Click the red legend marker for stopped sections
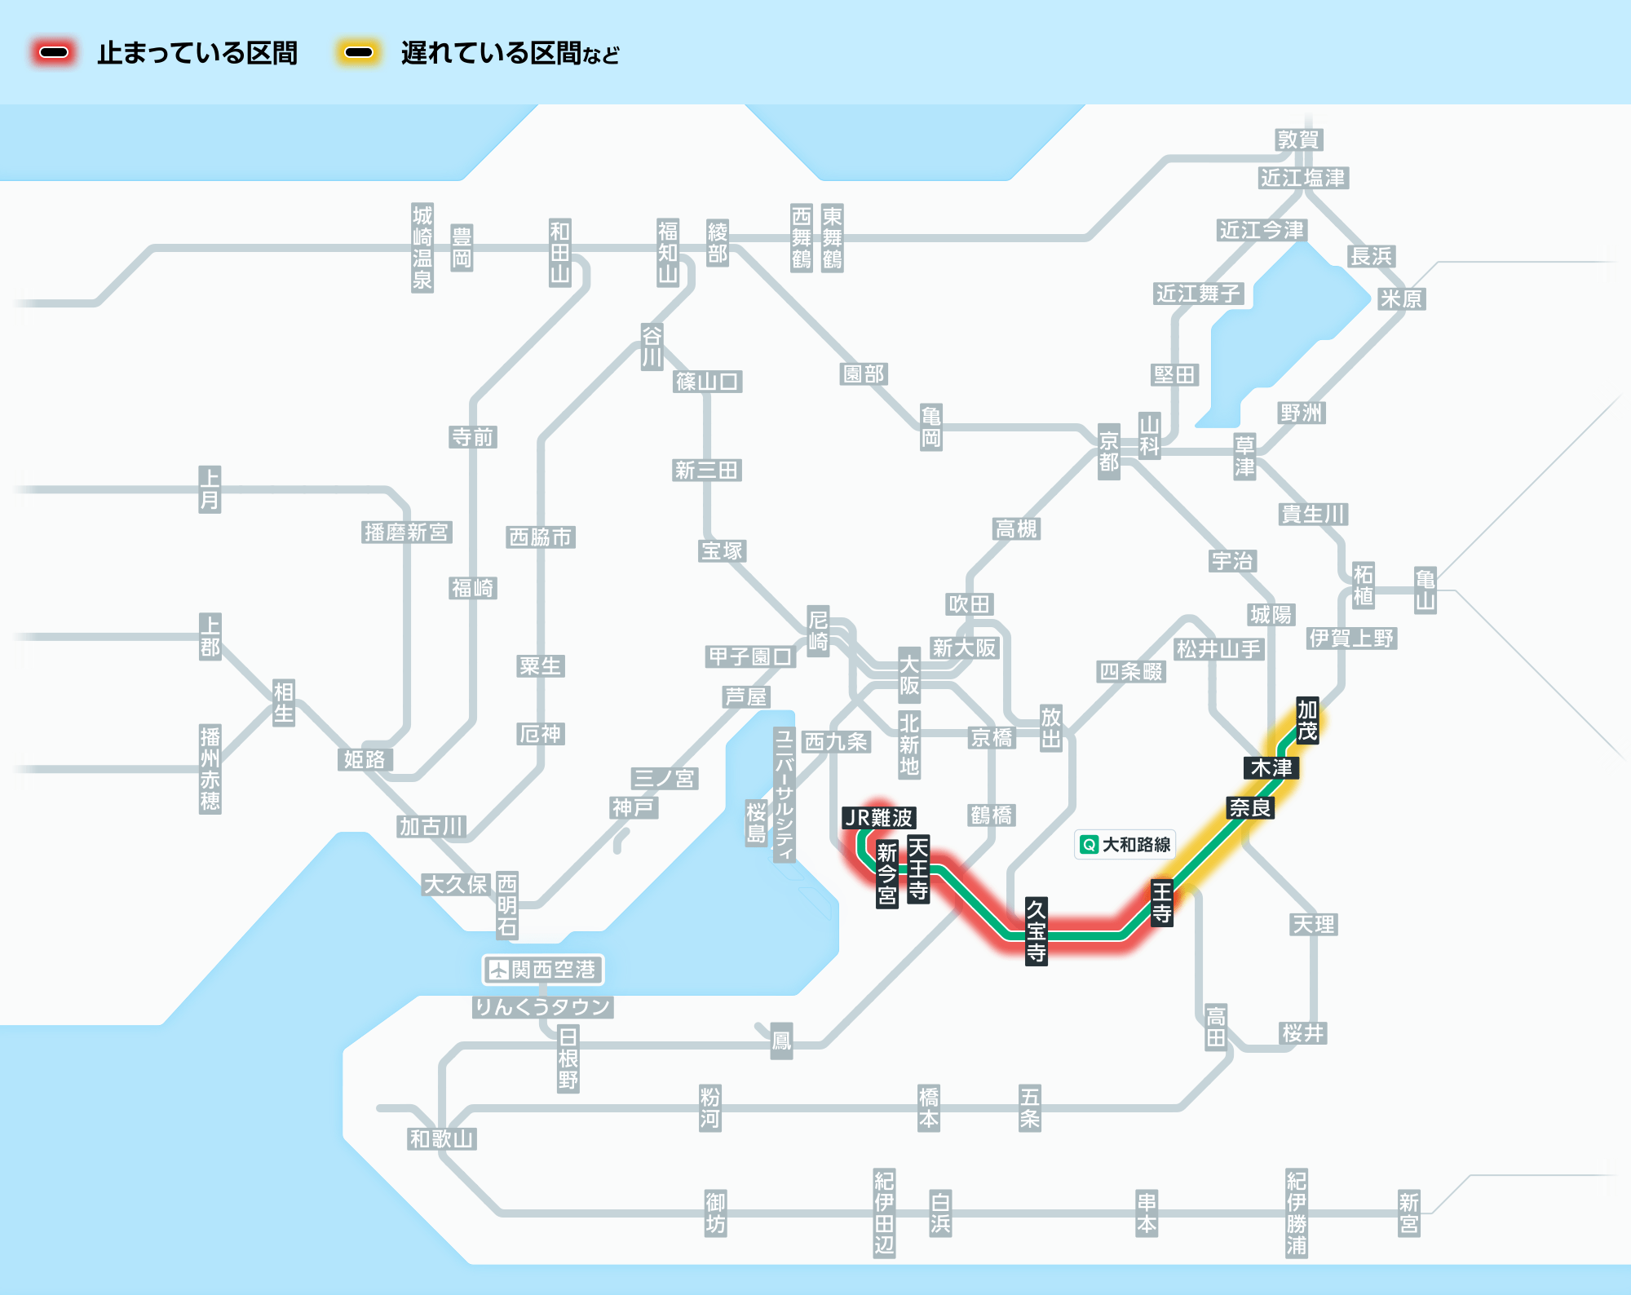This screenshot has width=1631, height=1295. coord(54,53)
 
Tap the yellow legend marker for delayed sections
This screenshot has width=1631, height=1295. coord(359,53)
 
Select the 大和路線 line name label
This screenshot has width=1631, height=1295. coord(1125,845)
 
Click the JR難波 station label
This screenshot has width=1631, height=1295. coord(879,818)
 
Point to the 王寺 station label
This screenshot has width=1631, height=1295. coord(1162,903)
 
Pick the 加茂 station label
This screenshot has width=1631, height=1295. coord(1307,720)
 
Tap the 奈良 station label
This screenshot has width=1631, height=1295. coord(1250,808)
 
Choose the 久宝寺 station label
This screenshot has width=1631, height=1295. coord(1036,931)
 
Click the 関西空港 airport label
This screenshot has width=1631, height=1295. coord(543,970)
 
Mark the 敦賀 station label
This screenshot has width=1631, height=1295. coord(1299,140)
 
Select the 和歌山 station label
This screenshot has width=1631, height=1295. coord(442,1139)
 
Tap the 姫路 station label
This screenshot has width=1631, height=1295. coord(365,760)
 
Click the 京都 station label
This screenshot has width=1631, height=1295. coord(1109,452)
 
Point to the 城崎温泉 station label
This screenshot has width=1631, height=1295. coord(422,248)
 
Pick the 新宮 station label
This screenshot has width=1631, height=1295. coord(1409,1213)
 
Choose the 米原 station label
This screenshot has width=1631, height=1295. coord(1401,299)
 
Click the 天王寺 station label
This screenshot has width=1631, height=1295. coord(918,868)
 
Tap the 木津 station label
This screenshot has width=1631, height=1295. coord(1271,768)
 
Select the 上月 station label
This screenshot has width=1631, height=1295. coord(210,489)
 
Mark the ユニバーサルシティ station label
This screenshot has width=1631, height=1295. coord(785,795)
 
